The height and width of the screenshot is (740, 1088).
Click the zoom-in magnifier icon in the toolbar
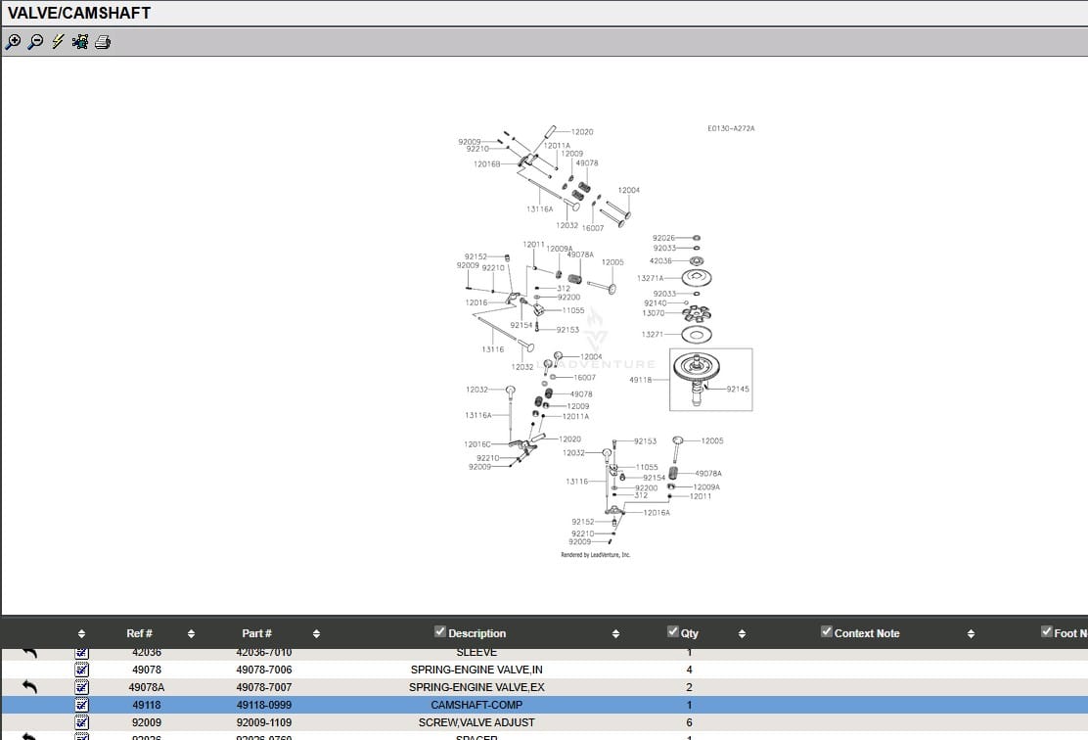[x=13, y=42]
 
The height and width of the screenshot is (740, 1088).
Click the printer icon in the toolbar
[x=103, y=42]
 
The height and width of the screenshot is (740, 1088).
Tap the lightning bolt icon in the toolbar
[x=58, y=42]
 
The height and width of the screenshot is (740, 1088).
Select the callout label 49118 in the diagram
[x=640, y=380]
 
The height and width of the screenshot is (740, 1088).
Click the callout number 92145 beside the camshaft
[x=738, y=389]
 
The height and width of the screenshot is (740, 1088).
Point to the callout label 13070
[x=654, y=313]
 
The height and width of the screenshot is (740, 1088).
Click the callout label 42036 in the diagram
[x=661, y=261]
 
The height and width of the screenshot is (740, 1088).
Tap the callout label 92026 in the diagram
[x=663, y=238]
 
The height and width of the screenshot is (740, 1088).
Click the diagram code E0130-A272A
[x=731, y=128]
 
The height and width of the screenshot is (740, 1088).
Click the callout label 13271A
[x=651, y=278]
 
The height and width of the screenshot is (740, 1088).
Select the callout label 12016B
[x=487, y=163]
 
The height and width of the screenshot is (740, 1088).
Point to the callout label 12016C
[x=477, y=444]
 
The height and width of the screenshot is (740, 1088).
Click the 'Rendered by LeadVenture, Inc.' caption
[x=595, y=555]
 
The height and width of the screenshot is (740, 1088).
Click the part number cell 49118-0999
[x=263, y=705]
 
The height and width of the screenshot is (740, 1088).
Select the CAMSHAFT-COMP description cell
[x=476, y=705]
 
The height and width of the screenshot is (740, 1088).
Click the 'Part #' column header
[x=256, y=633]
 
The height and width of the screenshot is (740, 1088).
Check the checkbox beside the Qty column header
[x=672, y=631]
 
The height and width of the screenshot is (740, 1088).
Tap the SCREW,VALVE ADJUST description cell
[x=476, y=722]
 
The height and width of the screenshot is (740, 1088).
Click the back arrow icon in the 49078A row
[x=29, y=687]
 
